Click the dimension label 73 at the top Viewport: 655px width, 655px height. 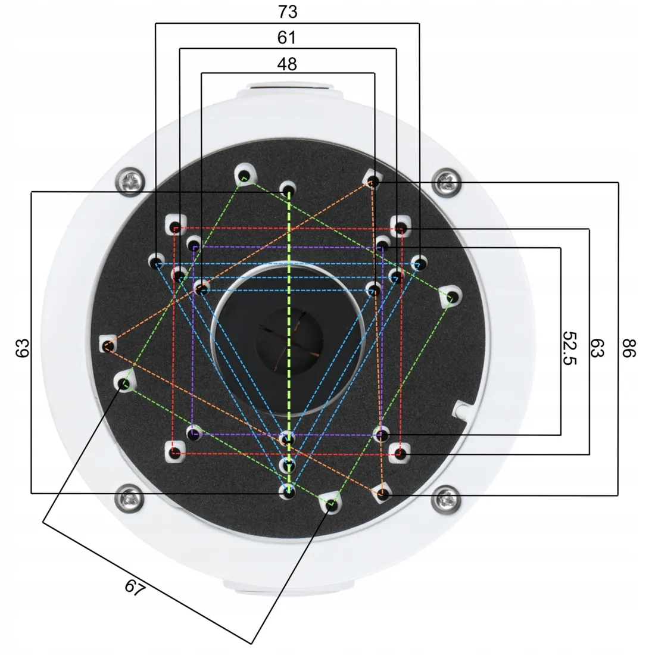(x=288, y=12)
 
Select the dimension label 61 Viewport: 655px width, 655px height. (x=286, y=38)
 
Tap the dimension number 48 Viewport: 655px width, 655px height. (x=287, y=64)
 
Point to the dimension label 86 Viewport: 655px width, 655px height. (x=629, y=348)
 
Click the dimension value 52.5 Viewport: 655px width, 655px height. (x=569, y=348)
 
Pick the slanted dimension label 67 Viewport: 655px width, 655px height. (x=135, y=587)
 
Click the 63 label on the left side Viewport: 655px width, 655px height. (x=23, y=348)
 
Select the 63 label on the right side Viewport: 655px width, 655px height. (x=597, y=348)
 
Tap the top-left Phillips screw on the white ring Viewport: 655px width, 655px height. (x=130, y=182)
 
